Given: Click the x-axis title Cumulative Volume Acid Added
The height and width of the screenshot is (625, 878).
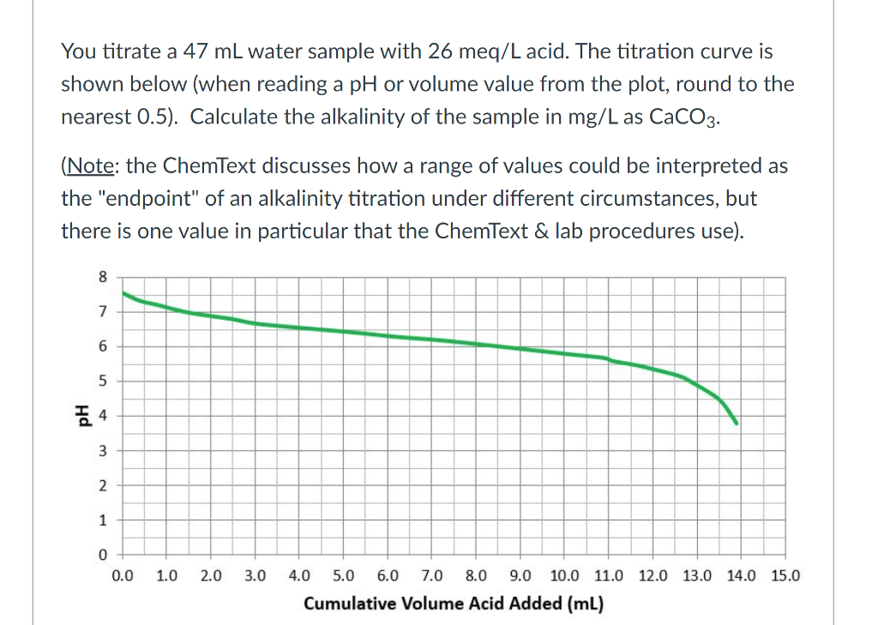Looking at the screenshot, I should click(454, 603).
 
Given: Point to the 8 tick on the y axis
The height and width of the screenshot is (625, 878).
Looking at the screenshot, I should click(104, 277).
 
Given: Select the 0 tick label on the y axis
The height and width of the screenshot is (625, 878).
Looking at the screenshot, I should click(104, 556).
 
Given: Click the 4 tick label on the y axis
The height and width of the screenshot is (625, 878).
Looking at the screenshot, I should click(104, 416).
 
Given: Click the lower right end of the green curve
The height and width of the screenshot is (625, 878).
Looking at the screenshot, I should click(736, 423).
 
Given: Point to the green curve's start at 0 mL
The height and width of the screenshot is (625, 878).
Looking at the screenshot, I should click(123, 293).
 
